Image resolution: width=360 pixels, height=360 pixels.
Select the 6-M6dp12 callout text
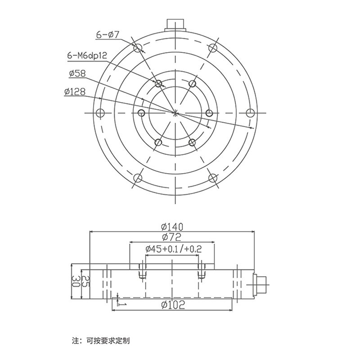click(x=86, y=55)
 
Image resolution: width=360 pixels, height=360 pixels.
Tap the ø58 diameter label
click(x=78, y=74)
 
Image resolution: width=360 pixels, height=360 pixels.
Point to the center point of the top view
click(x=175, y=112)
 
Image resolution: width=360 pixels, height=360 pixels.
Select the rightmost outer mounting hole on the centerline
click(x=250, y=112)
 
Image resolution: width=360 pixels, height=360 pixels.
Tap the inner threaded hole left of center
click(x=141, y=112)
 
